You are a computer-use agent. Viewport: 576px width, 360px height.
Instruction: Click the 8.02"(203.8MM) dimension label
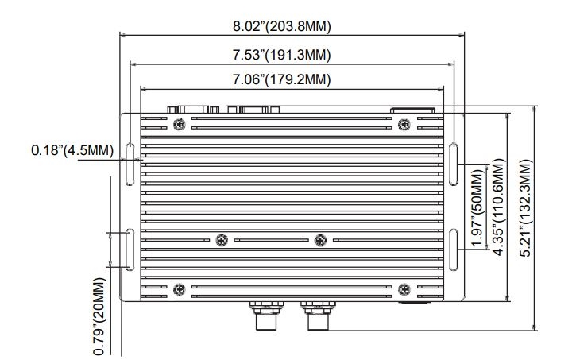pos(282,26)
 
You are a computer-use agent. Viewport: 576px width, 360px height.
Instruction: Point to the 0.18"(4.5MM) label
pos(71,150)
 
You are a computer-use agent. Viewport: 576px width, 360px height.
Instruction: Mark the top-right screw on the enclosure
pos(404,122)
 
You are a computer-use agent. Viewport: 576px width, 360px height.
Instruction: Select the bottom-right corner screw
pos(404,288)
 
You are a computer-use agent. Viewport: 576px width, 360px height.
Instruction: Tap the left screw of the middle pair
pos(222,240)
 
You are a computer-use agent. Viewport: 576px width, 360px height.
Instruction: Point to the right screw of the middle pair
pos(320,240)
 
